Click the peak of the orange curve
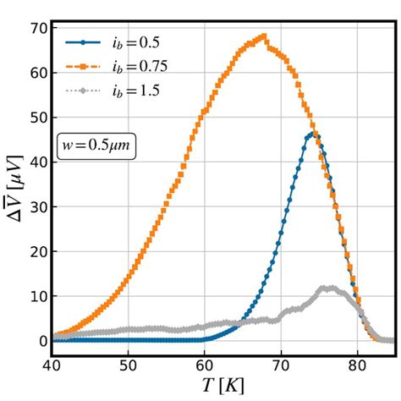pyautogui.click(x=264, y=36)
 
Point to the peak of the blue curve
pyautogui.click(x=313, y=134)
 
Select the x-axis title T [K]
pyautogui.click(x=222, y=387)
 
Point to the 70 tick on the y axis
pyautogui.click(x=35, y=27)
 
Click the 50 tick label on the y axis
pyautogui.click(x=35, y=117)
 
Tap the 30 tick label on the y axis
pyautogui.click(x=35, y=206)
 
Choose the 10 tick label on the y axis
pyautogui.click(x=35, y=296)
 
